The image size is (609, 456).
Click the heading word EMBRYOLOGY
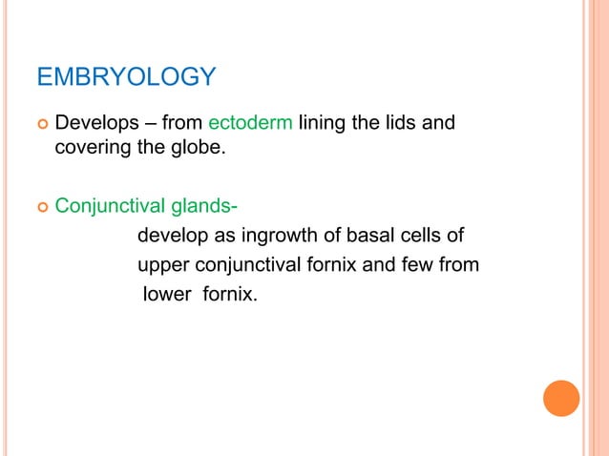(126, 76)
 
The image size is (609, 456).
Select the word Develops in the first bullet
(95, 124)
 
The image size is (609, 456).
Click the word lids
(403, 124)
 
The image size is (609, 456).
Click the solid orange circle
(561, 398)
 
